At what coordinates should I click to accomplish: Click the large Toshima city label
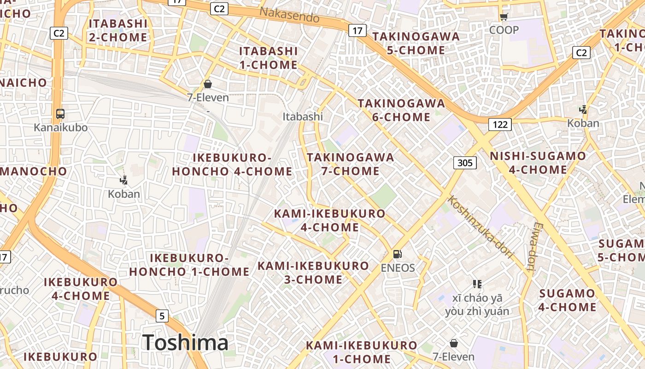pyautogui.click(x=185, y=343)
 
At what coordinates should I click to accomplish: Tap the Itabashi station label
pyautogui.click(x=303, y=117)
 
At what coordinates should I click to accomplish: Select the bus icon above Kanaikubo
pyautogui.click(x=60, y=113)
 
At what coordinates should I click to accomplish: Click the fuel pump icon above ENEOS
pyautogui.click(x=397, y=254)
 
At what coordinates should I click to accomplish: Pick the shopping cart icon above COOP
pyautogui.click(x=504, y=17)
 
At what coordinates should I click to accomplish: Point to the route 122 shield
pyautogui.click(x=500, y=125)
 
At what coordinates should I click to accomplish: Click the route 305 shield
pyautogui.click(x=465, y=162)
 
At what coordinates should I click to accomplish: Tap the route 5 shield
pyautogui.click(x=162, y=316)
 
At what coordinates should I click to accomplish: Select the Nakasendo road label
pyautogui.click(x=289, y=15)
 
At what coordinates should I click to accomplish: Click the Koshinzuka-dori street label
pyautogui.click(x=481, y=227)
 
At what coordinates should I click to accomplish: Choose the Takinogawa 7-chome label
pyautogui.click(x=351, y=164)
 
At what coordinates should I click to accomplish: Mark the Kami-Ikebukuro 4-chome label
pyautogui.click(x=329, y=220)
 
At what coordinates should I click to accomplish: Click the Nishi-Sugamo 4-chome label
pyautogui.click(x=538, y=163)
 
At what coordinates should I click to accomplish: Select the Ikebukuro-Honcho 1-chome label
pyautogui.click(x=189, y=265)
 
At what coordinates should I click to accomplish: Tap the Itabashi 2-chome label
pyautogui.click(x=118, y=30)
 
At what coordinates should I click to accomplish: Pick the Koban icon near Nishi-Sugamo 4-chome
pyautogui.click(x=583, y=110)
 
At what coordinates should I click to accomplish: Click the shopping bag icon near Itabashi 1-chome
pyautogui.click(x=208, y=84)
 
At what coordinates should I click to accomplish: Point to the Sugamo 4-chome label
pyautogui.click(x=567, y=300)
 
